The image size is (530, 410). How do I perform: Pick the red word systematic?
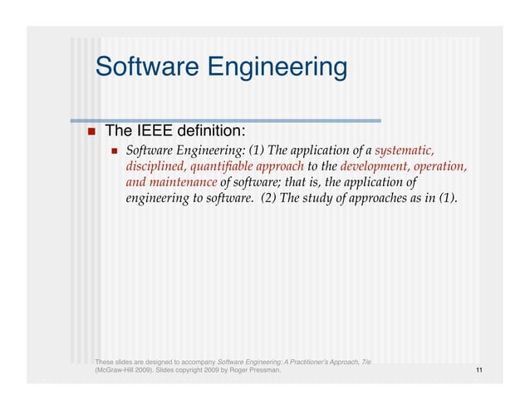coord(405,151)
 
